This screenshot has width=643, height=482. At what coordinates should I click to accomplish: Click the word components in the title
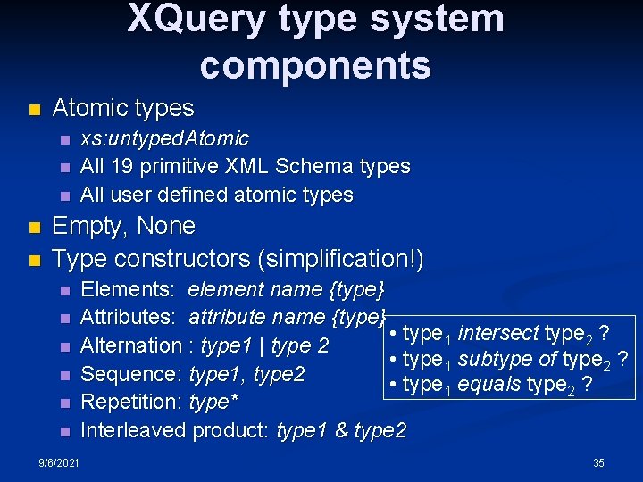(315, 65)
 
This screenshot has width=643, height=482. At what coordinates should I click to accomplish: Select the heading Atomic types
(123, 108)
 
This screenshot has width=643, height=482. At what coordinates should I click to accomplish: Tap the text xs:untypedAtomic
(165, 138)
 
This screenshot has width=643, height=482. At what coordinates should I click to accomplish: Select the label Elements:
(129, 289)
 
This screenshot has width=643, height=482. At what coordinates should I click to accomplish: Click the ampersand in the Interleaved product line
(341, 431)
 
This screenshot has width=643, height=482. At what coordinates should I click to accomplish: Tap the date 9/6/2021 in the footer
(58, 462)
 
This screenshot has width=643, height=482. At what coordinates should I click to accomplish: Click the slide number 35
(598, 462)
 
